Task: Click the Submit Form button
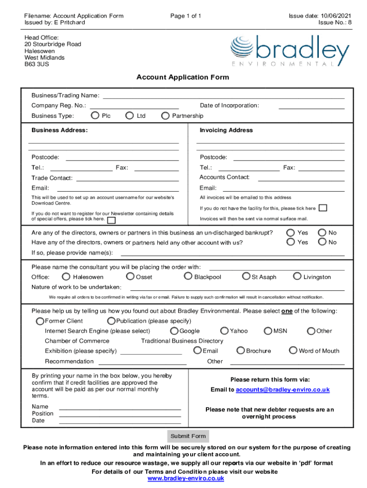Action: (x=188, y=436)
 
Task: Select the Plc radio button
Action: (x=95, y=115)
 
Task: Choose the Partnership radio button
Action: (x=165, y=115)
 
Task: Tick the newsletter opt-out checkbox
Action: (x=111, y=220)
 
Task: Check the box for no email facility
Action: (x=323, y=208)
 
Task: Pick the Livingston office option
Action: (x=297, y=276)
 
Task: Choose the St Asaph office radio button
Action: (x=246, y=276)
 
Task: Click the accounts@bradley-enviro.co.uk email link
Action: (x=282, y=390)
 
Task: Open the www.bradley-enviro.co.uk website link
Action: (x=186, y=478)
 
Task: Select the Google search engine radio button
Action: (x=174, y=331)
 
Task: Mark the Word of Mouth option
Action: (x=293, y=351)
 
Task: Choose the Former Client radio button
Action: (x=41, y=321)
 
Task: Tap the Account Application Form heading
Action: (x=183, y=77)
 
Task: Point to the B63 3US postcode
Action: (x=37, y=64)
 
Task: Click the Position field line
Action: (x=120, y=414)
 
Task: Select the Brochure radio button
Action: (x=241, y=351)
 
